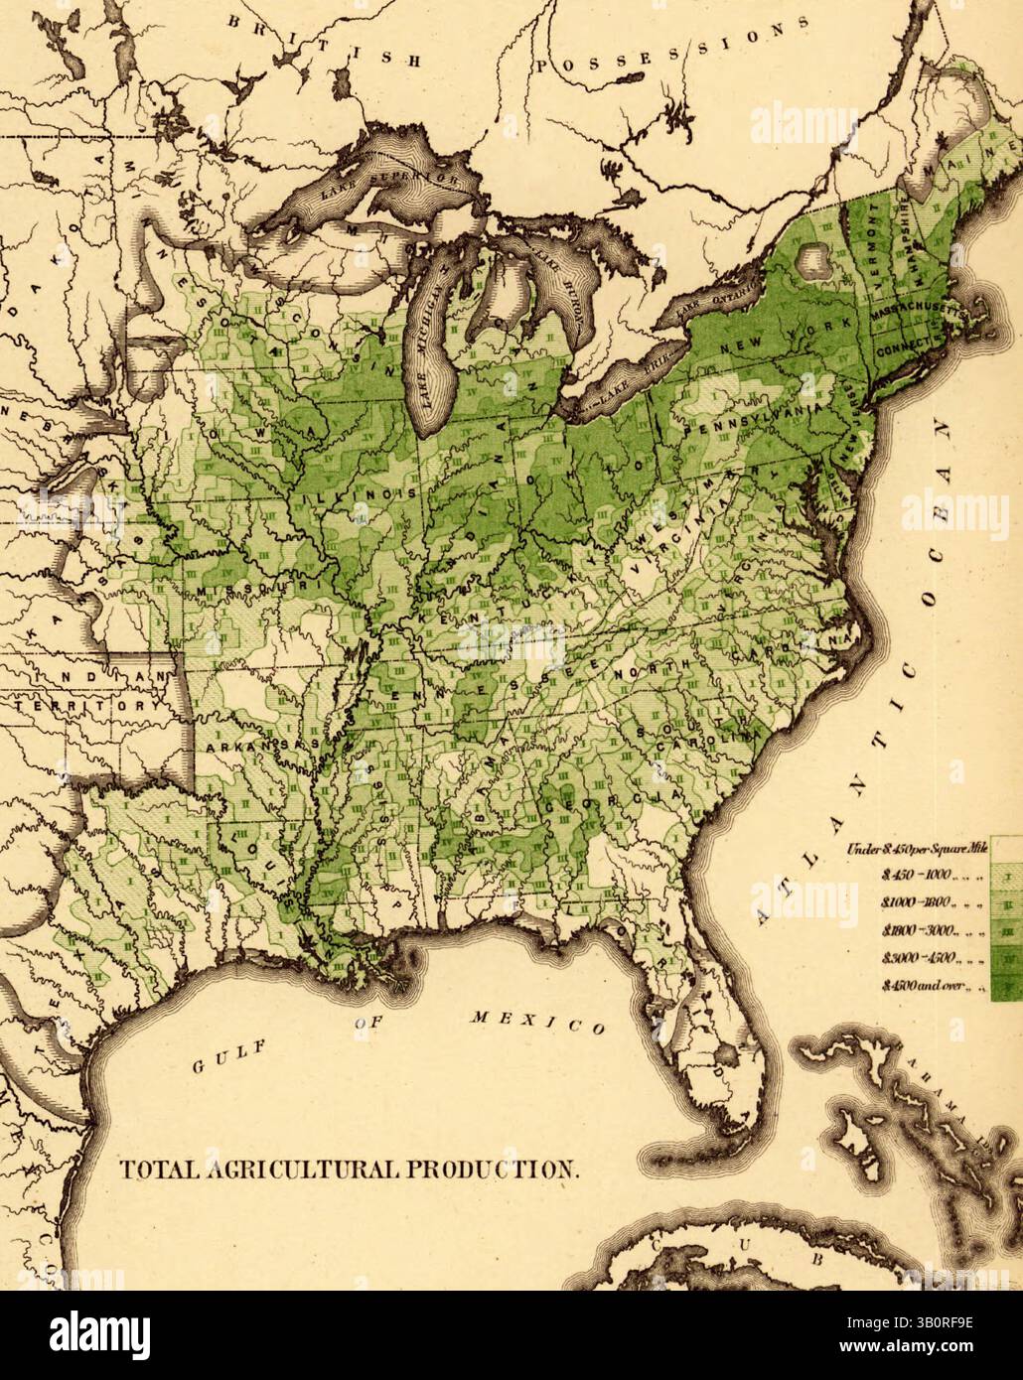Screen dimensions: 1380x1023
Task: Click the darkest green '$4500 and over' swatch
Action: (x=1007, y=987)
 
